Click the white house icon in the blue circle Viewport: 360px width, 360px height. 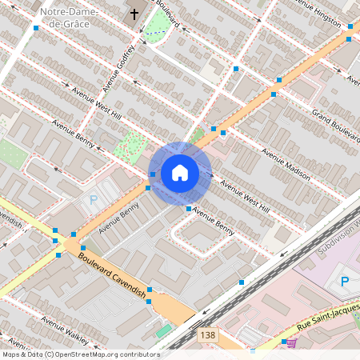pyautogui.click(x=180, y=172)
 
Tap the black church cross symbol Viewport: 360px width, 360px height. pyautogui.click(x=134, y=14)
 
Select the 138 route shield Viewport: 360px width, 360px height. pyautogui.click(x=208, y=335)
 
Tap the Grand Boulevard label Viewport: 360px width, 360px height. pyautogui.click(x=335, y=121)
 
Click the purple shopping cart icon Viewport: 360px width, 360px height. pyautogui.click(x=291, y=342)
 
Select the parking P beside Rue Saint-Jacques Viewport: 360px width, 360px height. pyautogui.click(x=345, y=281)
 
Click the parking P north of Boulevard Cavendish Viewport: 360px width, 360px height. pyautogui.click(x=94, y=201)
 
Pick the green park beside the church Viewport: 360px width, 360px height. pyautogui.click(x=157, y=29)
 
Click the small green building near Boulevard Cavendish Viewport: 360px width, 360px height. pyautogui.click(x=165, y=330)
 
